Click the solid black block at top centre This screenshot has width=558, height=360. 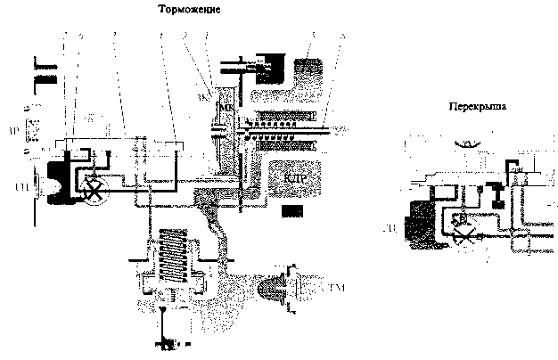267,63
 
